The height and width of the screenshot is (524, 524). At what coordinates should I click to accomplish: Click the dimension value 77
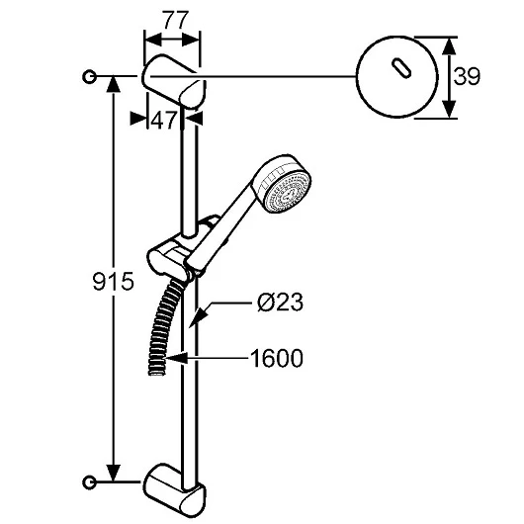tap(176, 21)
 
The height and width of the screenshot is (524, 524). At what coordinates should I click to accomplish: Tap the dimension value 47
tap(163, 121)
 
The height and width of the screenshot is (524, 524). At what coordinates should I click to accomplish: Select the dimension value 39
tap(467, 76)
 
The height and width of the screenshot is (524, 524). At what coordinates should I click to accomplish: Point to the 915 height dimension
tap(113, 281)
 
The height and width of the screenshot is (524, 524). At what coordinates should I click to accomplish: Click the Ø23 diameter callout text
tap(280, 303)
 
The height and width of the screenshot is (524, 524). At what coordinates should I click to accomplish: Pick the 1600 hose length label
tap(277, 359)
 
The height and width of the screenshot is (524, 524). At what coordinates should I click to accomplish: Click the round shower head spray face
tap(288, 192)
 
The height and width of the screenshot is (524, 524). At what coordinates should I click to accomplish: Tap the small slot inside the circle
tap(401, 68)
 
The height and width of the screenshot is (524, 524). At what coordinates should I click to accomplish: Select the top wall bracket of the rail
tap(174, 81)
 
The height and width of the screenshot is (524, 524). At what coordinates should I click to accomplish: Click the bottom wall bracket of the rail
tap(175, 489)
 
